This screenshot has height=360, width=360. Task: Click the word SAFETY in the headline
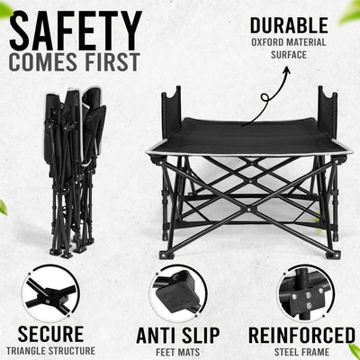(x=76, y=31)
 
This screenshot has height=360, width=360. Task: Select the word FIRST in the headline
(x=112, y=62)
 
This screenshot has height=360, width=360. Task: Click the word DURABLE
(x=289, y=25)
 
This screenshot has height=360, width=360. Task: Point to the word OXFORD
(x=267, y=42)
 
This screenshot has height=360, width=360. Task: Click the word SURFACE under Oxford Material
(x=289, y=55)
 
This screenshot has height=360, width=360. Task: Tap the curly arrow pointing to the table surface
(x=267, y=96)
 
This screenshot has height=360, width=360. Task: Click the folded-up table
(x=75, y=173)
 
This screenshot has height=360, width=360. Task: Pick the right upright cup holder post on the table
(x=328, y=112)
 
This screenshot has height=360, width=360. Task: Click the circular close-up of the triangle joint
(x=50, y=293)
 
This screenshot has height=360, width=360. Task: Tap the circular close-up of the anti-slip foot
(x=178, y=293)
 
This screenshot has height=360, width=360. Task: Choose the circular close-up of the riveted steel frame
(x=306, y=293)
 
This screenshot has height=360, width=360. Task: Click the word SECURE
(x=50, y=334)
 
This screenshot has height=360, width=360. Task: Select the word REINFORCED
(x=301, y=336)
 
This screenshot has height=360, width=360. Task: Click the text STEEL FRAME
(x=301, y=352)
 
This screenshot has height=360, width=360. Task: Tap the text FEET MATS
(x=178, y=352)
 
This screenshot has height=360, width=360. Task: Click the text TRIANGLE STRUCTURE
(x=50, y=350)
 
